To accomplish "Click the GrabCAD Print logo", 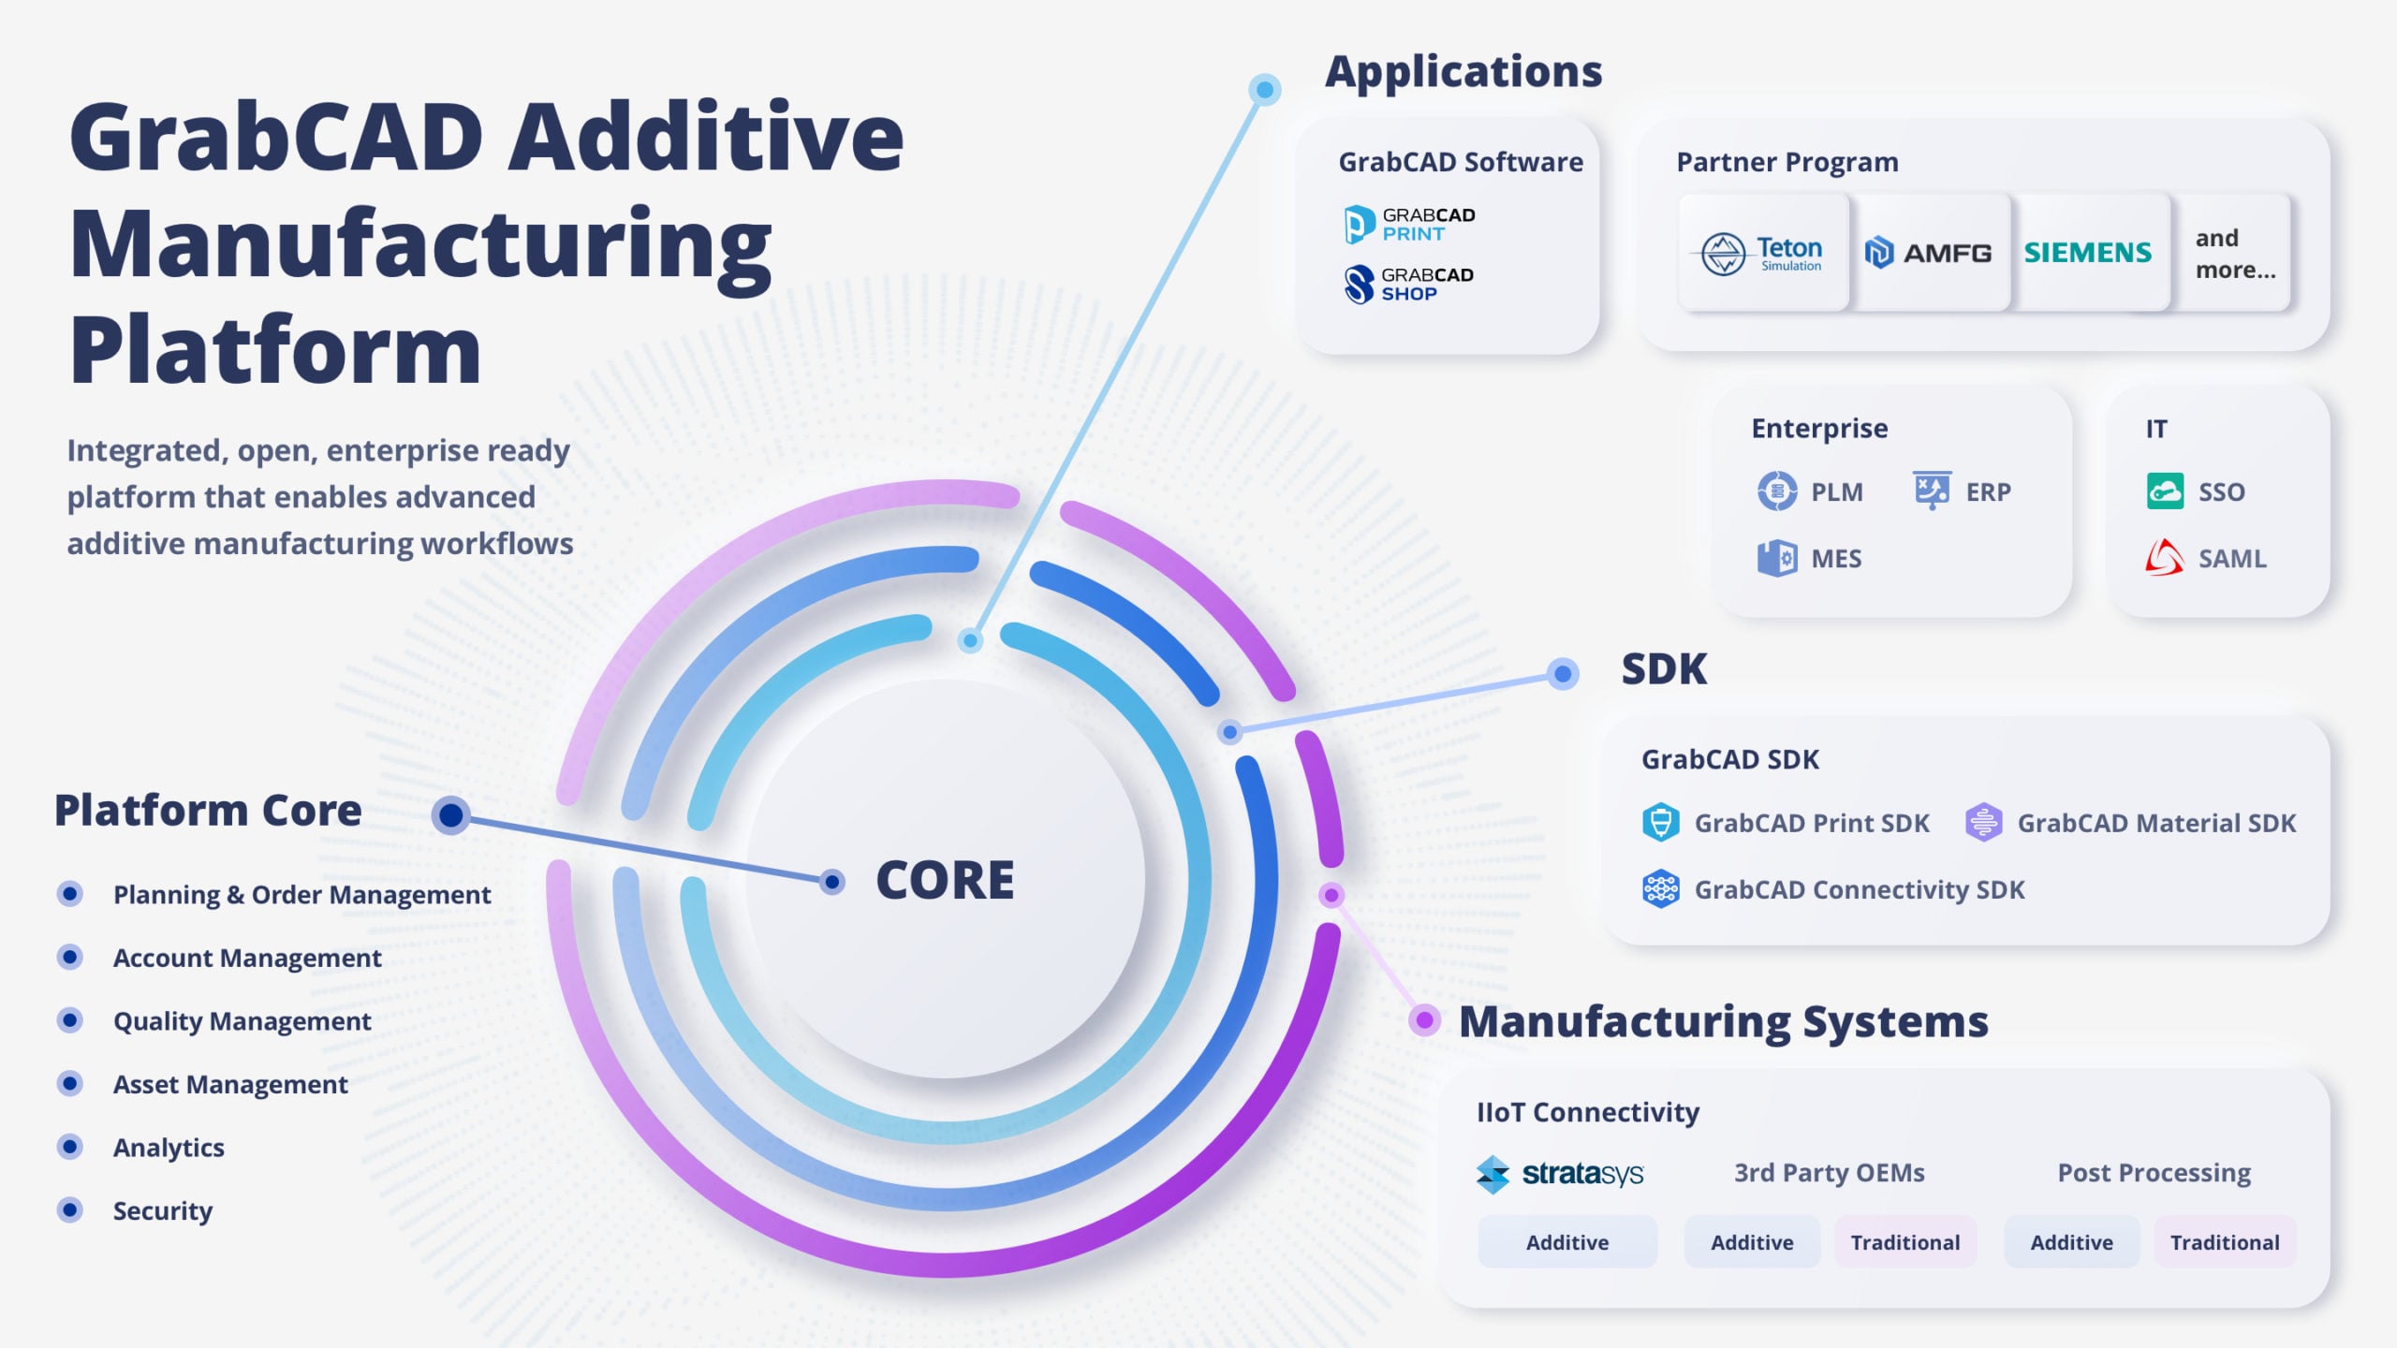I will click(1409, 225).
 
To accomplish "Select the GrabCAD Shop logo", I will click(1409, 285).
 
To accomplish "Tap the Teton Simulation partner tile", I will click(1762, 253).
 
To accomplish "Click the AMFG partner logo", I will click(1929, 253).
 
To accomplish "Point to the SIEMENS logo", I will click(2088, 253).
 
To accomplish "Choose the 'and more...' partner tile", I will click(2234, 254).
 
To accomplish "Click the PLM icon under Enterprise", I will click(1776, 491).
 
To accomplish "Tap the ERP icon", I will click(1932, 490).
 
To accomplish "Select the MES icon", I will click(1776, 558).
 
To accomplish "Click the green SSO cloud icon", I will click(2165, 491).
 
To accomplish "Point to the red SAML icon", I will click(2165, 557).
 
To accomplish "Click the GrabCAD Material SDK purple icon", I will click(1983, 823).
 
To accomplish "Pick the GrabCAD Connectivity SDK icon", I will click(1661, 889).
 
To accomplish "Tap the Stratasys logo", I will click(1560, 1174).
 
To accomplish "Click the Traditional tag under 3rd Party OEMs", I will click(1904, 1242).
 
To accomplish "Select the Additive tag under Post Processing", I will click(2071, 1242).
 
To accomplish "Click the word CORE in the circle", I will click(945, 880).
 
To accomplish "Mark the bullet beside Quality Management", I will click(70, 1020).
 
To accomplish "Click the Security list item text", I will click(163, 1210).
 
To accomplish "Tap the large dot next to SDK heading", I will click(1562, 674).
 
